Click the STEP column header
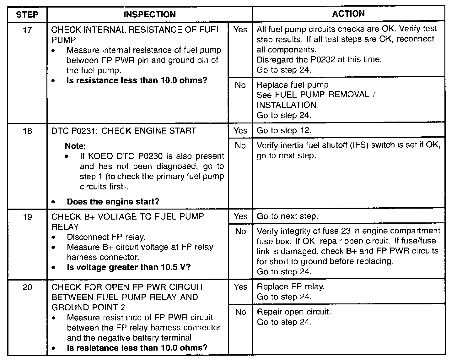27,15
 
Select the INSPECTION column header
150,14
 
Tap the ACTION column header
348,14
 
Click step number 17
27,30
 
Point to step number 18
27,131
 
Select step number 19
27,217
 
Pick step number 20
27,287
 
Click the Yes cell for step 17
240,30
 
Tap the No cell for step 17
240,85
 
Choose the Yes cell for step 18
240,130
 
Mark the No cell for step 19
240,232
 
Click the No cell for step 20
240,312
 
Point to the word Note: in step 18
75,146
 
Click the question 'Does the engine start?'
113,201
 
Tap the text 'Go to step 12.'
284,130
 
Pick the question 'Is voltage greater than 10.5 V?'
129,267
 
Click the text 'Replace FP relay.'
291,286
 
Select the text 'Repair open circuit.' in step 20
294,312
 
